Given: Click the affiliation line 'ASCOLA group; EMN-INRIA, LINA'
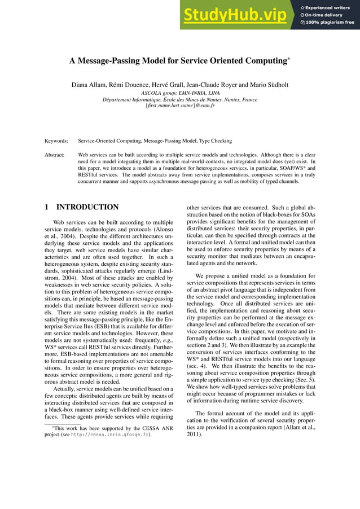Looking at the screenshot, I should [180, 93].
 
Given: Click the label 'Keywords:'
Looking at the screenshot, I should [56, 140].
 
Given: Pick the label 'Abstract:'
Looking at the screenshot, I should [55, 154].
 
